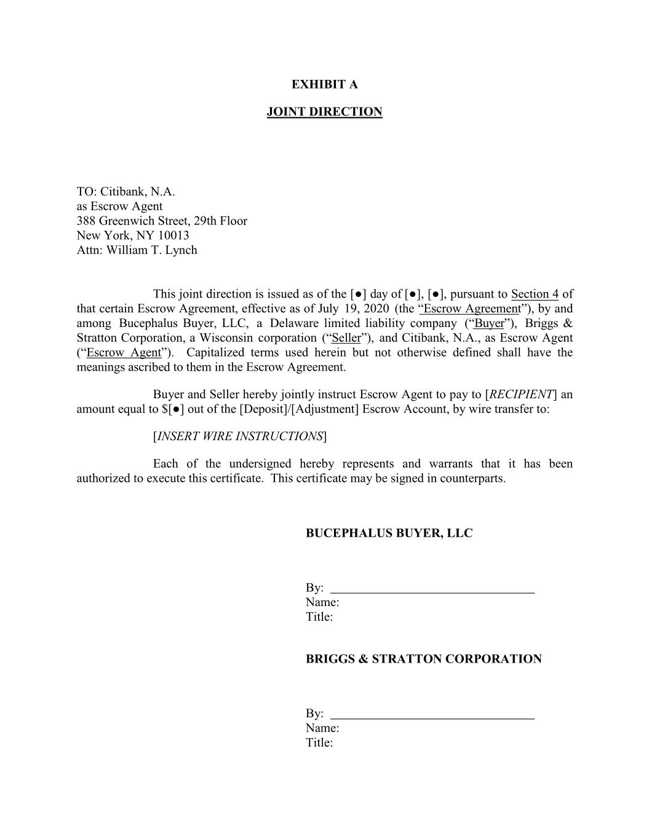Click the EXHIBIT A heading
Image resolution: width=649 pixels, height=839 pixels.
coord(324,84)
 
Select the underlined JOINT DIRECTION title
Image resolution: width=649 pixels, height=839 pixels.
coord(324,112)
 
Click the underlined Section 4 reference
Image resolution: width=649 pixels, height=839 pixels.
coord(535,294)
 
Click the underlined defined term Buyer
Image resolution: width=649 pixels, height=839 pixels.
coord(489,323)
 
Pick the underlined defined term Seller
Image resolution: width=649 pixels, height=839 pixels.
coord(346,338)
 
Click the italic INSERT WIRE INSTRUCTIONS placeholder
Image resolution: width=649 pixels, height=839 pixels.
coord(240,436)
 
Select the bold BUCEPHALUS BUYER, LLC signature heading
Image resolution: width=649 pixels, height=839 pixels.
coord(389,534)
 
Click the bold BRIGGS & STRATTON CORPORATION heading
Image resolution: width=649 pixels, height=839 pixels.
coord(423,659)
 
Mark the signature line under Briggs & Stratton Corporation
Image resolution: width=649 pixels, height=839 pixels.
coord(432,717)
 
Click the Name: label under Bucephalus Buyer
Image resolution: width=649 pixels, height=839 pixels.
coord(322,602)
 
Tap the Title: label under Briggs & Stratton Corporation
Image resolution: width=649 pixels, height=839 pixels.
coord(319,742)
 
